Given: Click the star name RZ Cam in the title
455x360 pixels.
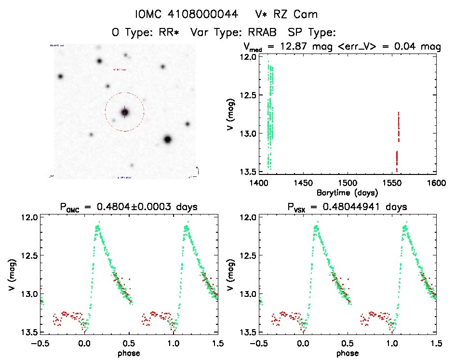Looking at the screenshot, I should coord(301,14).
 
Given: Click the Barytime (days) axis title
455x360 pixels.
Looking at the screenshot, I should coord(347,192).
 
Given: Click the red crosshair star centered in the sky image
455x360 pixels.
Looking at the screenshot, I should coord(125,112).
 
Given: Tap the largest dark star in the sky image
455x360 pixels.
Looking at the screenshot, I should coord(168,139).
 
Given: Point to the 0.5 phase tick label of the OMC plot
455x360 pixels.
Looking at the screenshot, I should coord(128,344).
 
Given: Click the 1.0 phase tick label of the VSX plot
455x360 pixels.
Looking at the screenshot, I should coord(392,344).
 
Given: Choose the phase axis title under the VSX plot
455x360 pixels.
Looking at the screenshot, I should coord(347,353).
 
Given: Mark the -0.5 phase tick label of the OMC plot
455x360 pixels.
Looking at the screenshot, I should coord(38,344).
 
